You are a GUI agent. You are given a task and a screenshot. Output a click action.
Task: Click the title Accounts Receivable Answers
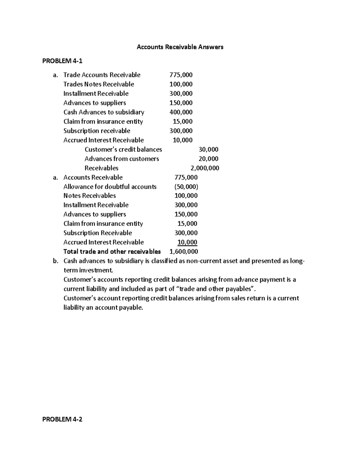180,47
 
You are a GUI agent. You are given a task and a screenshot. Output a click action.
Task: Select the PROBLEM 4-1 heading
62,61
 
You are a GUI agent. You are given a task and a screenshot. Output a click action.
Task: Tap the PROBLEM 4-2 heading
62,419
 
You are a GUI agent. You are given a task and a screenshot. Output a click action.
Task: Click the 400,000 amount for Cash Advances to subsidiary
181,112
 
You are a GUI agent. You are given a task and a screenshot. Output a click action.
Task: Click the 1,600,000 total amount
184,251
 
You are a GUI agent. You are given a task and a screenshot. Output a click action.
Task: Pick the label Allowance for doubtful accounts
110,187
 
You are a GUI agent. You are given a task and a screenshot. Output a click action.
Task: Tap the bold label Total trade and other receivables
112,251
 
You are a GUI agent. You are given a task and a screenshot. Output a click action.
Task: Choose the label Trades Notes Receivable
99,84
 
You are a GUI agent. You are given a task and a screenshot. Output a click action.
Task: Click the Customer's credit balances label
123,149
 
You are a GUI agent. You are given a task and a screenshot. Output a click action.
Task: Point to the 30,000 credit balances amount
208,149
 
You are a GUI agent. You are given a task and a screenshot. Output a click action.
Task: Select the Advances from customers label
122,159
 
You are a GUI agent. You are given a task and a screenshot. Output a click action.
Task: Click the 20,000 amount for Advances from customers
208,159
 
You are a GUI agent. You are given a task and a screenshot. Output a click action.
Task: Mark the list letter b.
55,261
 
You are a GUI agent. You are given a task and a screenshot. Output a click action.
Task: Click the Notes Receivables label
89,196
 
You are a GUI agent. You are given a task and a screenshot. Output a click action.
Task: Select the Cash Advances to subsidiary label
104,112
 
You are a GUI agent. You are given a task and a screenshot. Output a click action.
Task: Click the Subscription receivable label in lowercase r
97,131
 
